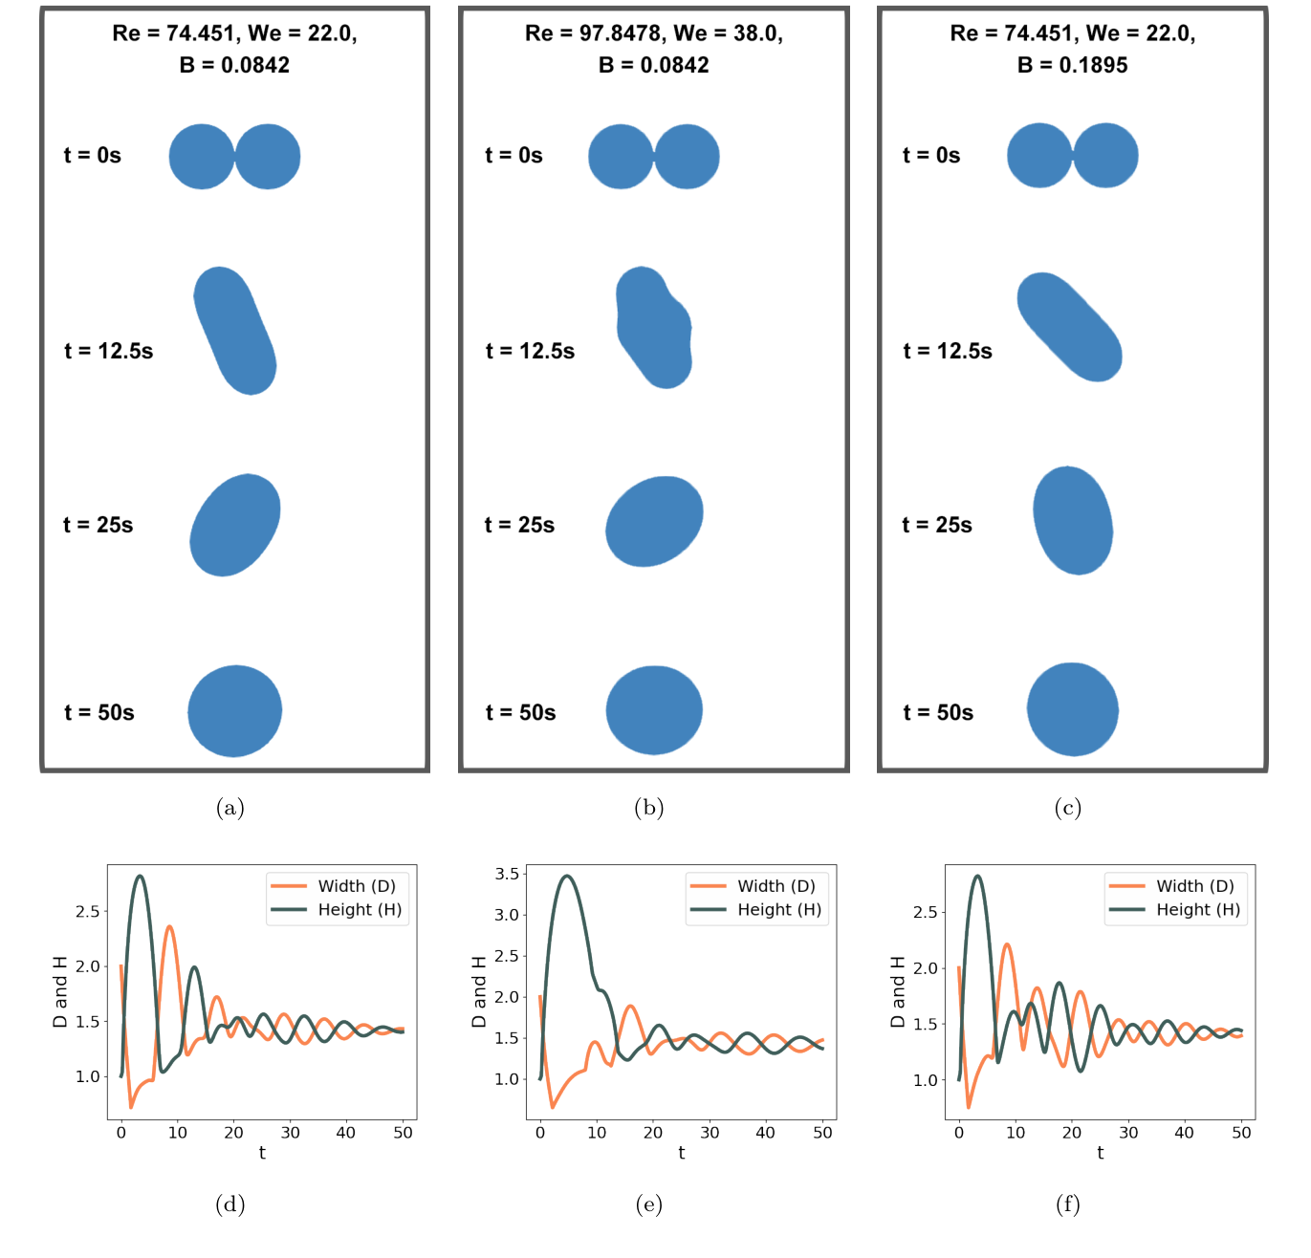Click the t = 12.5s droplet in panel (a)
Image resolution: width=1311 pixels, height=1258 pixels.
tap(235, 331)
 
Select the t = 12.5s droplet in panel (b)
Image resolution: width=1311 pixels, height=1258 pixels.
tap(654, 328)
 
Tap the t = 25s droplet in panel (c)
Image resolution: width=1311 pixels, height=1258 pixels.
tap(1073, 521)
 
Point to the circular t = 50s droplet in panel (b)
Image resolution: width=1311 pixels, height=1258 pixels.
tap(654, 710)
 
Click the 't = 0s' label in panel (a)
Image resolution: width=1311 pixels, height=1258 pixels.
tap(93, 156)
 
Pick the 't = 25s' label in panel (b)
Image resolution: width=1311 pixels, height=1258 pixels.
tap(519, 525)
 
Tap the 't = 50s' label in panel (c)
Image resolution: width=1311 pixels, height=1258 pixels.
tap(938, 712)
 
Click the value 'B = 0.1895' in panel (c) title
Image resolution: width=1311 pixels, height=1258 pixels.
tap(1072, 65)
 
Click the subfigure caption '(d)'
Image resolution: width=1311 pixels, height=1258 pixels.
tap(230, 1204)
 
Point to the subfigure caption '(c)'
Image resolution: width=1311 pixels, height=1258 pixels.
tap(1068, 808)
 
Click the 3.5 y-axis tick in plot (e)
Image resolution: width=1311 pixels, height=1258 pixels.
tap(507, 874)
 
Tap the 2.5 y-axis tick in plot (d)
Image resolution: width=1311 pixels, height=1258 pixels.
tap(88, 912)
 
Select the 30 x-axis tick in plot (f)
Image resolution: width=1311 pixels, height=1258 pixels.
tap(1128, 1133)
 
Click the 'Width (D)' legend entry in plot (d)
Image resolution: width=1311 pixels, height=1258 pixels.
tap(356, 886)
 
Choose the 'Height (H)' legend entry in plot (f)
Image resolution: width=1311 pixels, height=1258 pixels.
tap(1197, 910)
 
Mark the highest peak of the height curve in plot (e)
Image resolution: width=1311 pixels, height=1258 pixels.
tap(568, 876)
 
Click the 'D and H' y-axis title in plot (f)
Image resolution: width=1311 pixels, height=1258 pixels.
tap(897, 992)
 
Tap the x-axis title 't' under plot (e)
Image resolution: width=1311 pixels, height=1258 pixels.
tap(681, 1153)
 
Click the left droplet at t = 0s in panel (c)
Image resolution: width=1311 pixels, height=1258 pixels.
tap(1039, 155)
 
